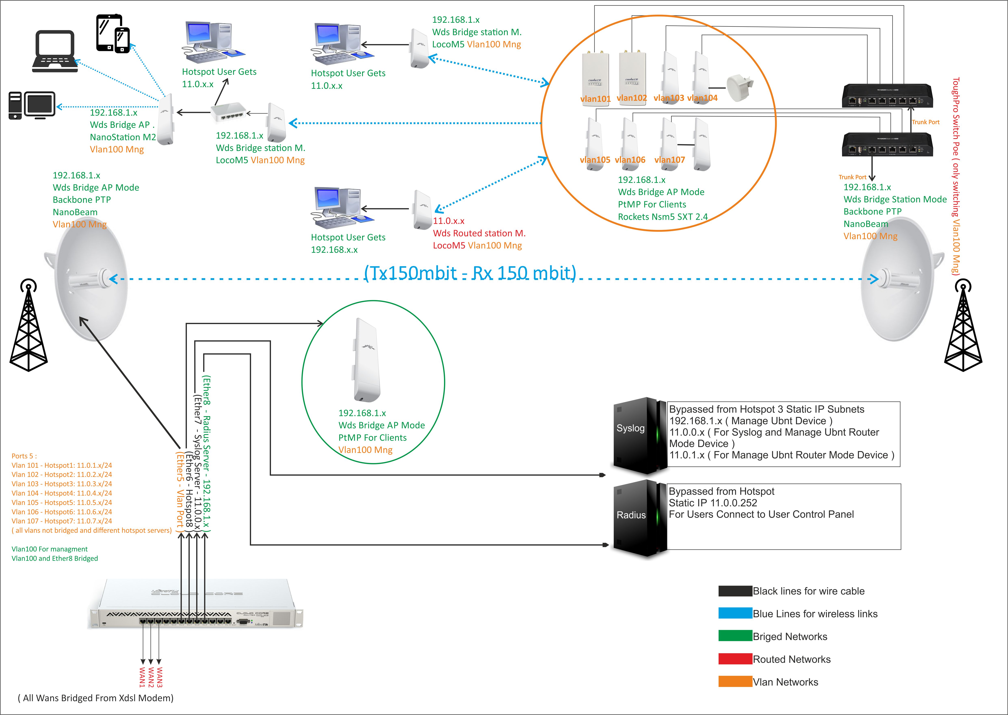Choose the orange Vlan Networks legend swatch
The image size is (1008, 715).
pos(735,681)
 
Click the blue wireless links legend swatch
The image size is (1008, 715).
pos(735,613)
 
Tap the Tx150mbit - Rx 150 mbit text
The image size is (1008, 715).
pos(470,273)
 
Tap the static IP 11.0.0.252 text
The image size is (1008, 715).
pos(713,503)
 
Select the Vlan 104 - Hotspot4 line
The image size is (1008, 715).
pos(62,493)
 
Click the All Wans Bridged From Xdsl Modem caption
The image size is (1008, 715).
pos(95,698)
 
